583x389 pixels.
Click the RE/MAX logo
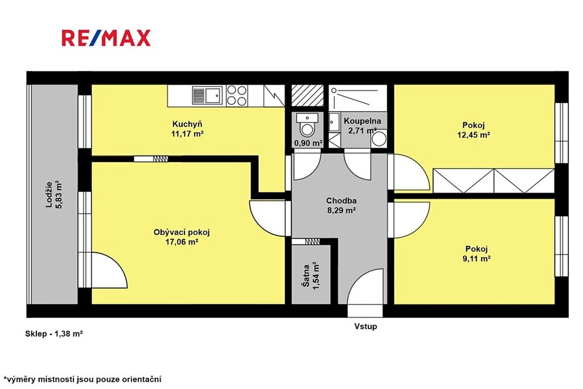pyautogui.click(x=106, y=38)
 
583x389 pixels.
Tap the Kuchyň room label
pyautogui.click(x=187, y=124)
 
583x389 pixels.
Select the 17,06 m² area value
pyautogui.click(x=182, y=242)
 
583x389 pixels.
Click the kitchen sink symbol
pyautogui.click(x=207, y=96)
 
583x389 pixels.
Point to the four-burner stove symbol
pyautogui.click(x=237, y=96)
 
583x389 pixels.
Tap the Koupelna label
pyautogui.click(x=362, y=121)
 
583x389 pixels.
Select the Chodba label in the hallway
pyautogui.click(x=342, y=201)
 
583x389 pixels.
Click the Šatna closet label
pyautogui.click(x=306, y=276)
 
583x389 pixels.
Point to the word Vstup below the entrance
pyautogui.click(x=366, y=326)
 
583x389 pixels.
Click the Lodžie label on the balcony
pyautogui.click(x=49, y=195)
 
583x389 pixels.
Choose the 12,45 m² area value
pyautogui.click(x=473, y=135)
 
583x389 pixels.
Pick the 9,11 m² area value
pyautogui.click(x=477, y=259)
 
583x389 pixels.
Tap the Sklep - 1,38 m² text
pyautogui.click(x=54, y=334)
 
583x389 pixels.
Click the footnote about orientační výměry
pyautogui.click(x=82, y=380)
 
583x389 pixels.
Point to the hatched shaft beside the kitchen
pyautogui.click(x=307, y=96)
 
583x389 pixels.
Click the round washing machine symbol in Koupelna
pyautogui.click(x=379, y=139)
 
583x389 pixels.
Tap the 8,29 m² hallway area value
pyautogui.click(x=342, y=211)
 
